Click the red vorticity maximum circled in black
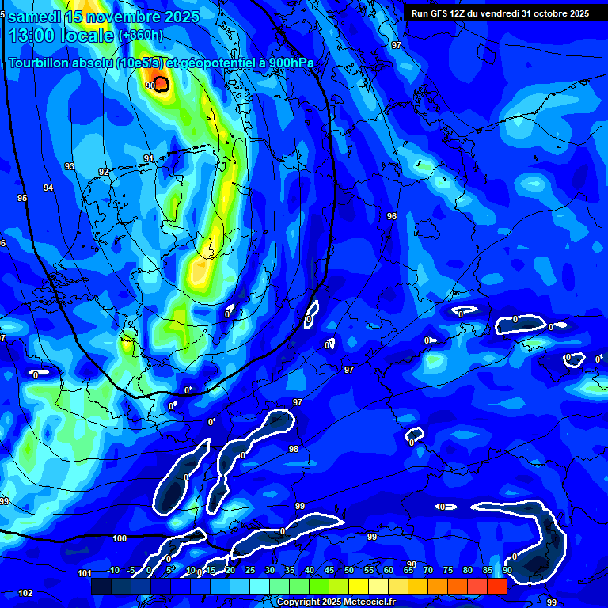pos(161,83)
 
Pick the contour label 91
pos(148,159)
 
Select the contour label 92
pos(104,172)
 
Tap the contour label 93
pos(70,166)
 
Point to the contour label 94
pos(48,188)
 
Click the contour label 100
pos(120,538)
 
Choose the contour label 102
pos(25,593)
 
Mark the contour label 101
pos(85,573)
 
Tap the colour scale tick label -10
pos(112,571)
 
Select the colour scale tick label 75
pos(447,571)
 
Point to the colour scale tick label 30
pos(269,571)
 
